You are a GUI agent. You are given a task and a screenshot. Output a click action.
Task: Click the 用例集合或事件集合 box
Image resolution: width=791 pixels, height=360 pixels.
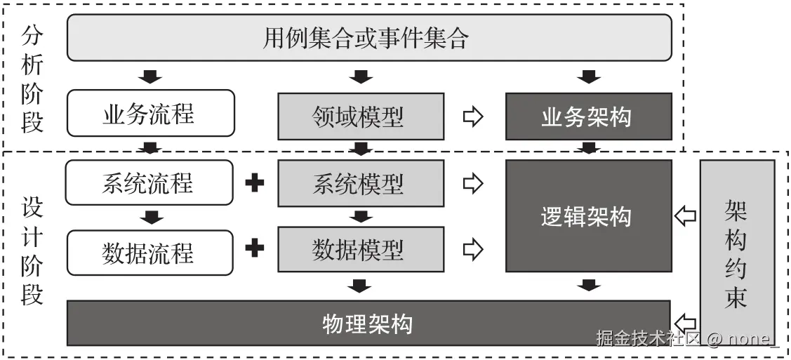pyautogui.click(x=369, y=37)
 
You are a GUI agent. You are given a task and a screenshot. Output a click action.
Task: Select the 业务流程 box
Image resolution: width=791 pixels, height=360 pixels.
pyautogui.click(x=149, y=113)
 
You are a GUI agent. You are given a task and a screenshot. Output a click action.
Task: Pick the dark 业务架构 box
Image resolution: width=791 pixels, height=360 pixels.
pyautogui.click(x=588, y=116)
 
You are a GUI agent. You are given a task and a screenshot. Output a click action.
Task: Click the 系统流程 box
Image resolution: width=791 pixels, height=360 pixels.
pyautogui.click(x=149, y=182)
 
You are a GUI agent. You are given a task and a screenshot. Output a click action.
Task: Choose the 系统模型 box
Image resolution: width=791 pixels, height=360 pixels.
pyautogui.click(x=361, y=184)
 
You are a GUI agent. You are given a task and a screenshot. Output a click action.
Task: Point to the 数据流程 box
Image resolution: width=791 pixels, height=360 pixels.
pyautogui.click(x=149, y=251)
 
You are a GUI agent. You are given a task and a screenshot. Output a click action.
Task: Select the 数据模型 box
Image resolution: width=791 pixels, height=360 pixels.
pyautogui.click(x=361, y=249)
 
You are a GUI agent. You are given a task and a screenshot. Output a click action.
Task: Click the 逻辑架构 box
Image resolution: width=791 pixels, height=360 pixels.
pyautogui.click(x=588, y=216)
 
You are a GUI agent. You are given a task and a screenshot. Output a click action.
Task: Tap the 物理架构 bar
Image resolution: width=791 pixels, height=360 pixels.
pyautogui.click(x=369, y=323)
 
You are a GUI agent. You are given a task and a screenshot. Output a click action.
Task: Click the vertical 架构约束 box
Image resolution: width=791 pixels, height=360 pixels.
pyautogui.click(x=737, y=253)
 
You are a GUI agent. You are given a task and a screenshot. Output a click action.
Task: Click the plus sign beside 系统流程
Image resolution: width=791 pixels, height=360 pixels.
pyautogui.click(x=255, y=183)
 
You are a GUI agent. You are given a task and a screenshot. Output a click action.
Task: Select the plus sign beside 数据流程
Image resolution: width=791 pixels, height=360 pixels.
pyautogui.click(x=255, y=248)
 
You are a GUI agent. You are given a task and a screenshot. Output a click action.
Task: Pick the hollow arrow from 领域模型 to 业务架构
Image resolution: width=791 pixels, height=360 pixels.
pyautogui.click(x=474, y=116)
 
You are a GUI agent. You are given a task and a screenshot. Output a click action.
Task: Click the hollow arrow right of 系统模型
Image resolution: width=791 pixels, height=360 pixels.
pyautogui.click(x=474, y=184)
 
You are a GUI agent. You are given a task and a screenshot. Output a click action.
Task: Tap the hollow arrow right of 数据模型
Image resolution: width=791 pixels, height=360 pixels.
pyautogui.click(x=474, y=248)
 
